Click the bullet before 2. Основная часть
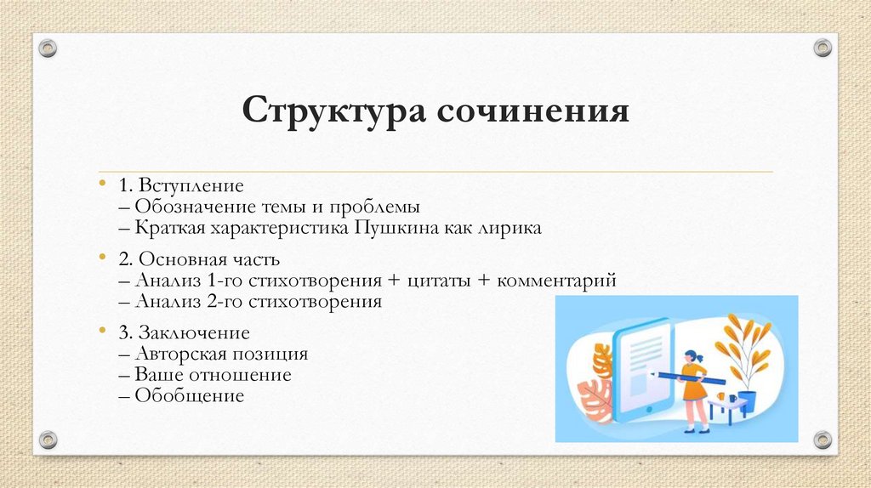pyautogui.click(x=101, y=257)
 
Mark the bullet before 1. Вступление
pyautogui.click(x=101, y=183)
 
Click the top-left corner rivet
pyautogui.click(x=48, y=48)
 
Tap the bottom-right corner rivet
pyautogui.click(x=822, y=440)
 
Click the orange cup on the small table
pyautogui.click(x=721, y=395)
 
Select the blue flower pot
pyautogui.click(x=747, y=400)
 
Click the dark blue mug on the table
pyautogui.click(x=732, y=398)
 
